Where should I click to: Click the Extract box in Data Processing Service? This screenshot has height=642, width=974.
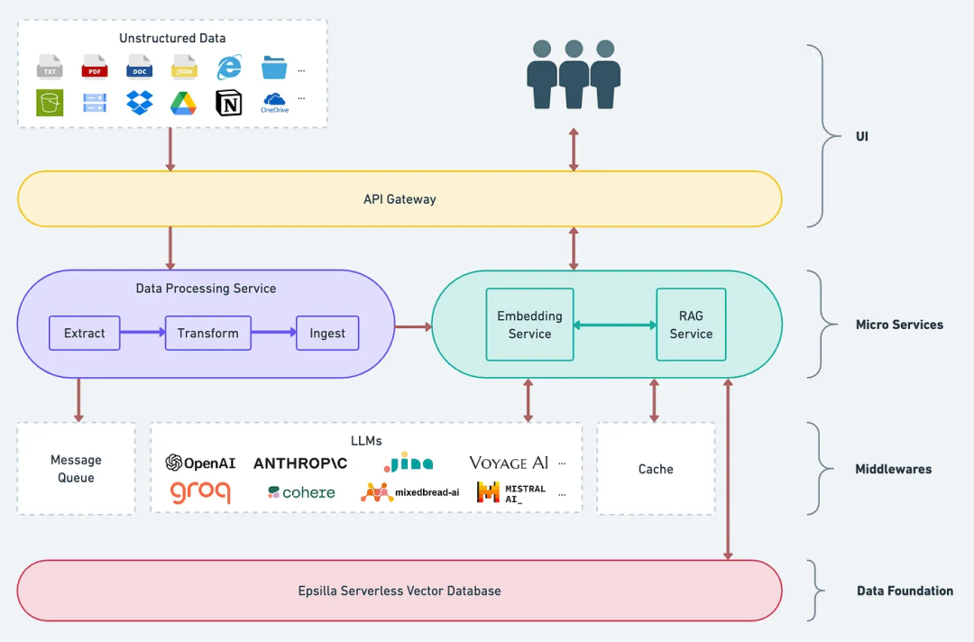click(85, 333)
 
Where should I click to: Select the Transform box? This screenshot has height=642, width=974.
click(208, 333)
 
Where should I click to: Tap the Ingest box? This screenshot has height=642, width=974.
click(327, 333)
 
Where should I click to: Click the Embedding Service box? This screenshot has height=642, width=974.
click(529, 325)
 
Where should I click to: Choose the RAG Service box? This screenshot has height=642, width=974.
click(691, 325)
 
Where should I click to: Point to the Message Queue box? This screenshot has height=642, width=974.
click(76, 469)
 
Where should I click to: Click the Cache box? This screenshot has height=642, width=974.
click(656, 469)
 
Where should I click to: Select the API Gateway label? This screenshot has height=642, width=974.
click(400, 199)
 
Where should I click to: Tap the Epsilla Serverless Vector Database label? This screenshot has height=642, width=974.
click(400, 591)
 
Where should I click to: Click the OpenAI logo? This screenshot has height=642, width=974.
click(200, 463)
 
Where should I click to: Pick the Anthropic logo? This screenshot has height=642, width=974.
click(300, 463)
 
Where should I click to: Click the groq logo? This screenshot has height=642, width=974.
click(200, 492)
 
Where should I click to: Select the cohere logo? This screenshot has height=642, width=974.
click(301, 492)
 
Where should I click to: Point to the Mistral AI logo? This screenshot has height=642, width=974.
click(511, 492)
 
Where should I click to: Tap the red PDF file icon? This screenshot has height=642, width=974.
click(95, 68)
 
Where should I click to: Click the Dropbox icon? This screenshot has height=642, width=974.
click(140, 102)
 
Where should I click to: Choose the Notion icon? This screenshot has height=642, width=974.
click(229, 103)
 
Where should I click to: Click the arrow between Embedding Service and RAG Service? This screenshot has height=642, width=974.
click(615, 325)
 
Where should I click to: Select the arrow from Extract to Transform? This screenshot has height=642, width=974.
click(142, 333)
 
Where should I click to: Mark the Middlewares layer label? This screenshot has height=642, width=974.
click(893, 469)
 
